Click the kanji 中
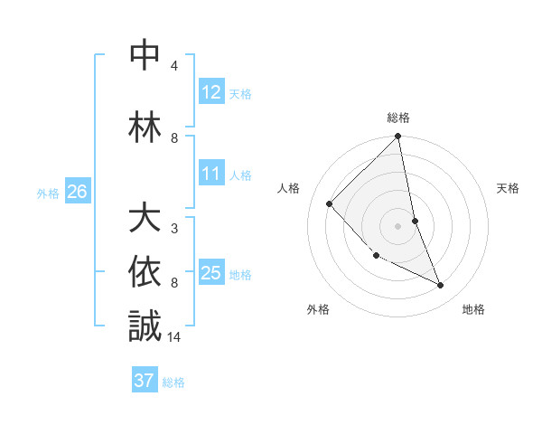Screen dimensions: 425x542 pyautogui.click(x=145, y=55)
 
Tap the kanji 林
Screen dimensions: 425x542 pyautogui.click(x=145, y=127)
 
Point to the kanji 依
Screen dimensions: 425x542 pyautogui.click(x=145, y=270)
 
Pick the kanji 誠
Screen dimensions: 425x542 pyautogui.click(x=145, y=326)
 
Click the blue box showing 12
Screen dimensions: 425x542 pyautogui.click(x=211, y=91)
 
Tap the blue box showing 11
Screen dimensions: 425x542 pyautogui.click(x=211, y=174)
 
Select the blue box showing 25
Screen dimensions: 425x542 pyautogui.click(x=211, y=273)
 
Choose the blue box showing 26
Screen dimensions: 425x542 pyautogui.click(x=78, y=191)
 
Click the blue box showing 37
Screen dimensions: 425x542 pyautogui.click(x=145, y=381)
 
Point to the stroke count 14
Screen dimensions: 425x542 pyautogui.click(x=175, y=336)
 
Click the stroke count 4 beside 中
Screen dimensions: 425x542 pyautogui.click(x=174, y=66)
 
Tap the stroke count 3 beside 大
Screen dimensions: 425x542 pyautogui.click(x=174, y=228)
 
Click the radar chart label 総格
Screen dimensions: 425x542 pyautogui.click(x=398, y=118)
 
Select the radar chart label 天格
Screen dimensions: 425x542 pyautogui.click(x=508, y=188)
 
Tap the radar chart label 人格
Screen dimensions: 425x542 pyautogui.click(x=289, y=188)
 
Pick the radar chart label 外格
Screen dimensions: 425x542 pyautogui.click(x=318, y=309)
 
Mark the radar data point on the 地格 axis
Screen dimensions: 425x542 pyautogui.click(x=441, y=285)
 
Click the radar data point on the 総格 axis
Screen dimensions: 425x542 pyautogui.click(x=398, y=137)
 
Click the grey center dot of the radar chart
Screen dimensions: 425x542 pyautogui.click(x=398, y=225)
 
